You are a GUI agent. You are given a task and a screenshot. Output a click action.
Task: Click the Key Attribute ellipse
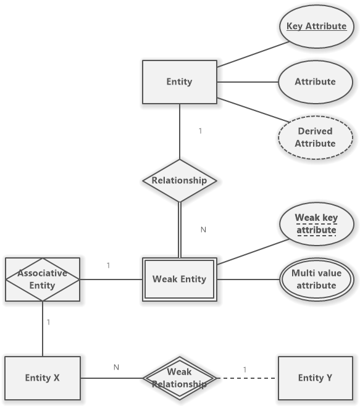coord(316,27)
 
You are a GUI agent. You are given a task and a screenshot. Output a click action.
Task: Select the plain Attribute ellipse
coord(316,82)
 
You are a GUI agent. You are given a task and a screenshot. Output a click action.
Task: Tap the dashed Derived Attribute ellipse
coord(316,138)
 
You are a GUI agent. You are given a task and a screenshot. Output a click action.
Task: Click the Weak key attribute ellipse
coord(316,224)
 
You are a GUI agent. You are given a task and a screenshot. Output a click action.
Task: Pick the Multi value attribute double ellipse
coord(316,280)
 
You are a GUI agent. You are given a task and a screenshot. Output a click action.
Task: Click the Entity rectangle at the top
coord(180,82)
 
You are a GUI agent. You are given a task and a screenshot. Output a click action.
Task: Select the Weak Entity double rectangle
coord(180,280)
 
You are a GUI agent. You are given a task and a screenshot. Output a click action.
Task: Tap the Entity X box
coord(43,378)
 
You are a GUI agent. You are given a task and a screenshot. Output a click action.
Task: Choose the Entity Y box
coord(316,378)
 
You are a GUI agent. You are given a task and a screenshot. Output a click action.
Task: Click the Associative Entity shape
coord(43,280)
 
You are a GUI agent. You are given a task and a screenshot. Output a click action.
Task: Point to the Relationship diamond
coord(180,181)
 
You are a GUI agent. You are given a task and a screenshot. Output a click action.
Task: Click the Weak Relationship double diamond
coord(180,378)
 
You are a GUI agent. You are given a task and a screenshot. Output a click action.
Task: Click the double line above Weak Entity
coord(180,230)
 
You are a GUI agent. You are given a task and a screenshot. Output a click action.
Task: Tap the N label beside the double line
coord(203,230)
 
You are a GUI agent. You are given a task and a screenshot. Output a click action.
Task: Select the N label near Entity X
coord(116,367)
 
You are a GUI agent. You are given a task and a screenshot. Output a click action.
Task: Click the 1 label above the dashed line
coord(245,370)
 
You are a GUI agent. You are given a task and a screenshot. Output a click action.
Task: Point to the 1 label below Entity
coord(200,131)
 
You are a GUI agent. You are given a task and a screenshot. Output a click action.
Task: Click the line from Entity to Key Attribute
coord(253,54)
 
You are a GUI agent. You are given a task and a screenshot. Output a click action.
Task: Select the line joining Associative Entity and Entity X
coord(43,329)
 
